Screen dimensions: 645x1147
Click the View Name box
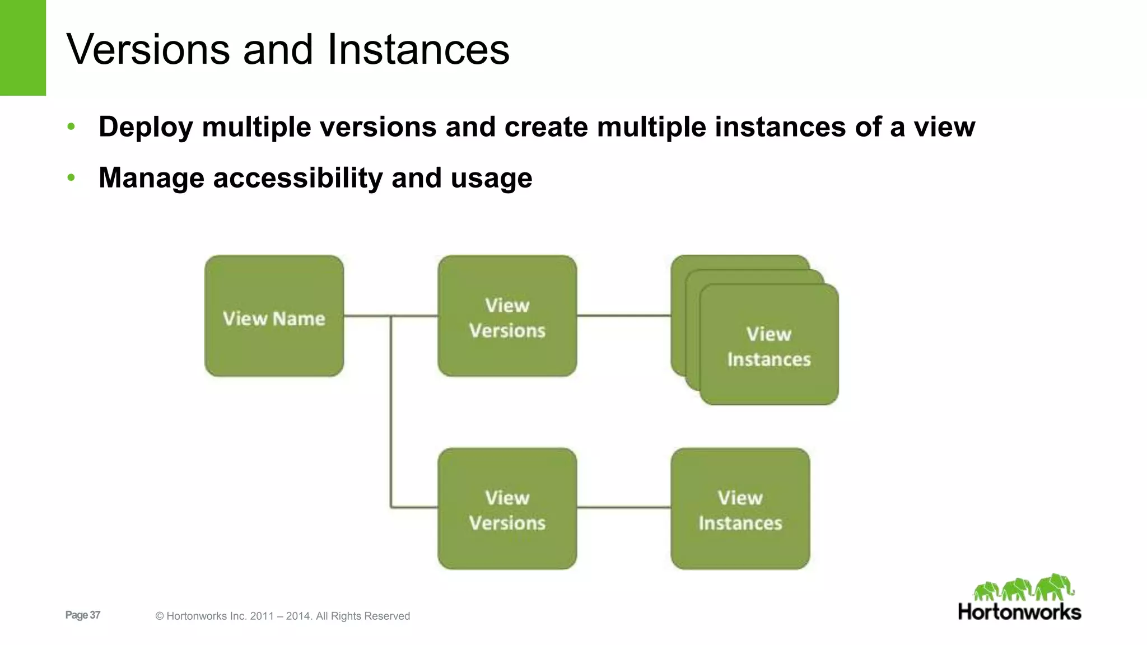tap(274, 316)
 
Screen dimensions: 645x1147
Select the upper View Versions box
tap(507, 316)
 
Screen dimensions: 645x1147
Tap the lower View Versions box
tap(507, 508)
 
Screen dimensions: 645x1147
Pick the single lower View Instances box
tap(740, 508)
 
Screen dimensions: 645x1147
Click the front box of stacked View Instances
tap(769, 345)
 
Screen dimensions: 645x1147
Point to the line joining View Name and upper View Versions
tap(367, 316)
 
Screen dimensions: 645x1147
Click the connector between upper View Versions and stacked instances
tap(623, 316)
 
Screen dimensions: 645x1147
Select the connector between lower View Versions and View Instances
tap(623, 508)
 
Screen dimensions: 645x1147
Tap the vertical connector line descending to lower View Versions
tap(391, 414)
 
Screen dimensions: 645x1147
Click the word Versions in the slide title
tap(148, 49)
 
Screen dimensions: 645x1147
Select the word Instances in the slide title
tap(418, 49)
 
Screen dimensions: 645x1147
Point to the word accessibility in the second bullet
tap(298, 178)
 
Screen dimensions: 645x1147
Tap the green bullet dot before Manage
tap(71, 178)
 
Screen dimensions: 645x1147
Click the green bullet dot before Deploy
tap(71, 127)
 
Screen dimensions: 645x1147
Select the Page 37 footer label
tap(83, 615)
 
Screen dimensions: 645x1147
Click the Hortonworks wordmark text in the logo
tap(1019, 612)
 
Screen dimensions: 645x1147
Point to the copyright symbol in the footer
tap(160, 616)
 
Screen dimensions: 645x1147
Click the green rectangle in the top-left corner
tap(23, 48)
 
